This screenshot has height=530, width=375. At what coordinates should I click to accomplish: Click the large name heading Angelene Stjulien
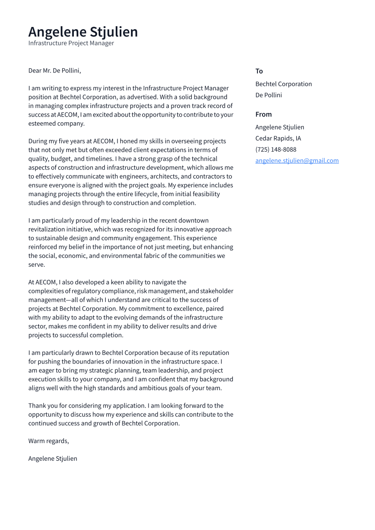pyautogui.click(x=83, y=32)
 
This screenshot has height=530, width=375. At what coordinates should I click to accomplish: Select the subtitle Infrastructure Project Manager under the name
pyautogui.click(x=71, y=43)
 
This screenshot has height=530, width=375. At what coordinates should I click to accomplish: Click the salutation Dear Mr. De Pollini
pyautogui.click(x=54, y=71)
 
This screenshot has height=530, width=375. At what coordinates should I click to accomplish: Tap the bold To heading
pyautogui.click(x=259, y=71)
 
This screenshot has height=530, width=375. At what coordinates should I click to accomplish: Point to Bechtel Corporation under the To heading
pyautogui.click(x=283, y=84)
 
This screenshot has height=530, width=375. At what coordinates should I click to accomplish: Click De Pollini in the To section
pyautogui.click(x=268, y=95)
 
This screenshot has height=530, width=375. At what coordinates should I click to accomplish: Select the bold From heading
pyautogui.click(x=263, y=114)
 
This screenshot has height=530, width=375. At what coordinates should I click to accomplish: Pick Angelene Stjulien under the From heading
pyautogui.click(x=280, y=127)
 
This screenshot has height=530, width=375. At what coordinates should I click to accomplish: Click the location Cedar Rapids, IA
pyautogui.click(x=278, y=139)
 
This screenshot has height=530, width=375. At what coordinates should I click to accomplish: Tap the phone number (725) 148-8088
pyautogui.click(x=276, y=149)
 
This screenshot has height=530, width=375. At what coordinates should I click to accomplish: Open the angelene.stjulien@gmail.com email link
pyautogui.click(x=297, y=161)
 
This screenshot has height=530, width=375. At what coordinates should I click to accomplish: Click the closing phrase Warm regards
pyautogui.click(x=49, y=441)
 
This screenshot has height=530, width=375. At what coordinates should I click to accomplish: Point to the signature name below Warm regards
pyautogui.click(x=53, y=458)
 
